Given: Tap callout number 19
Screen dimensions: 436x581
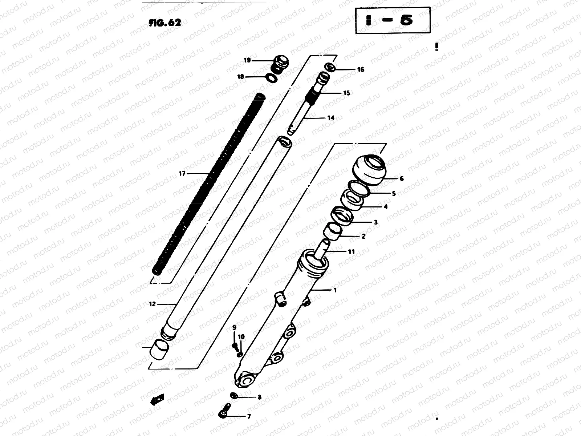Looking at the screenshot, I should pyautogui.click(x=247, y=60).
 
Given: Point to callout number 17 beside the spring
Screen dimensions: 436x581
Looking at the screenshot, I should pyautogui.click(x=182, y=174).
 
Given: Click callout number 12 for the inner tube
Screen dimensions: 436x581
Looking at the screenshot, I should pyautogui.click(x=152, y=304).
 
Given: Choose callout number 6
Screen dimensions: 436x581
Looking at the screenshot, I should pyautogui.click(x=401, y=178).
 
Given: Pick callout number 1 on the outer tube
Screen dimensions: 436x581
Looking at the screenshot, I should pyautogui.click(x=335, y=290).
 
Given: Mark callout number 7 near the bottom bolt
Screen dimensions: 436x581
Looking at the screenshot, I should pyautogui.click(x=249, y=417).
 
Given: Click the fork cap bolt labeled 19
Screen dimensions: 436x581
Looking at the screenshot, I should pyautogui.click(x=280, y=64).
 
